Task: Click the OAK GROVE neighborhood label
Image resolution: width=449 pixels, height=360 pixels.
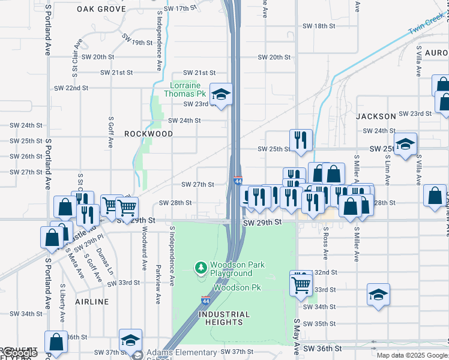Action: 101,9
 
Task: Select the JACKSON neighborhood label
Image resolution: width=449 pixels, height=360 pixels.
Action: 376,116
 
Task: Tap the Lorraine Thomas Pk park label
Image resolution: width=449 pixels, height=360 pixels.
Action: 188,89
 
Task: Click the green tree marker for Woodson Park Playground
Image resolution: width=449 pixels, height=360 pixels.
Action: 200,266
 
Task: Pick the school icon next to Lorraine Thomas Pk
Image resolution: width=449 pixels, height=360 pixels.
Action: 221,94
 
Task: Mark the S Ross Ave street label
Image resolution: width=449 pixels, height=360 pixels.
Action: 326,244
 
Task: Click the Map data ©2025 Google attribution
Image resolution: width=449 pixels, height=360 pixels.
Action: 412,355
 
